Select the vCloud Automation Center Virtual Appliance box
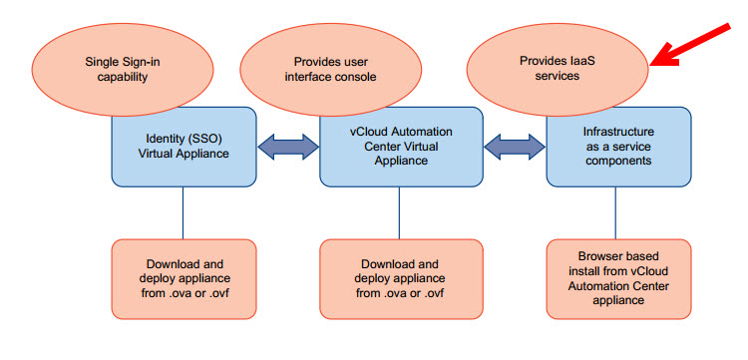[399, 146]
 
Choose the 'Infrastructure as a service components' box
[617, 146]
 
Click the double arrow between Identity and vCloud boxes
[288, 146]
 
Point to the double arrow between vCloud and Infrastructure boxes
[515, 146]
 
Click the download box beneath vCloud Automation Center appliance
[399, 277]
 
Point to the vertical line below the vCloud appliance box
[399, 211]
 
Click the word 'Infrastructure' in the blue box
[617, 132]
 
